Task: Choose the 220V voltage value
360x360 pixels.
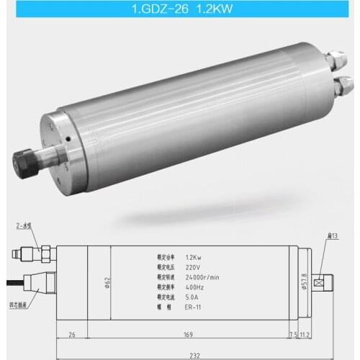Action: (193, 266)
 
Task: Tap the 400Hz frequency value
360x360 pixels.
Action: (194, 286)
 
